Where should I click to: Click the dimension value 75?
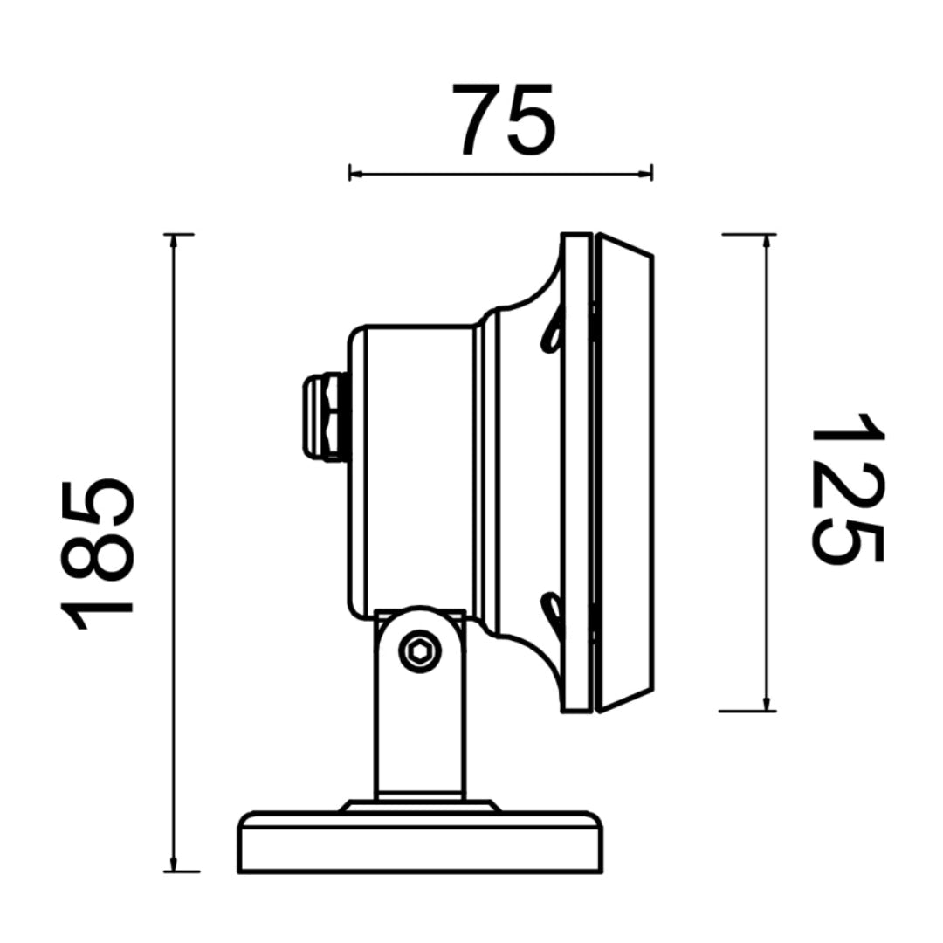click(x=504, y=119)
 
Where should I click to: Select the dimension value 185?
click(x=97, y=554)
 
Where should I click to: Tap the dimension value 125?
click(x=847, y=488)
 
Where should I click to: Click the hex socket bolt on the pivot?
click(x=420, y=651)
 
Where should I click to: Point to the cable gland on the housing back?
click(x=326, y=417)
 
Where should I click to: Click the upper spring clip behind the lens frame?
click(x=553, y=331)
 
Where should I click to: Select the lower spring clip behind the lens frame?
click(x=552, y=617)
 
